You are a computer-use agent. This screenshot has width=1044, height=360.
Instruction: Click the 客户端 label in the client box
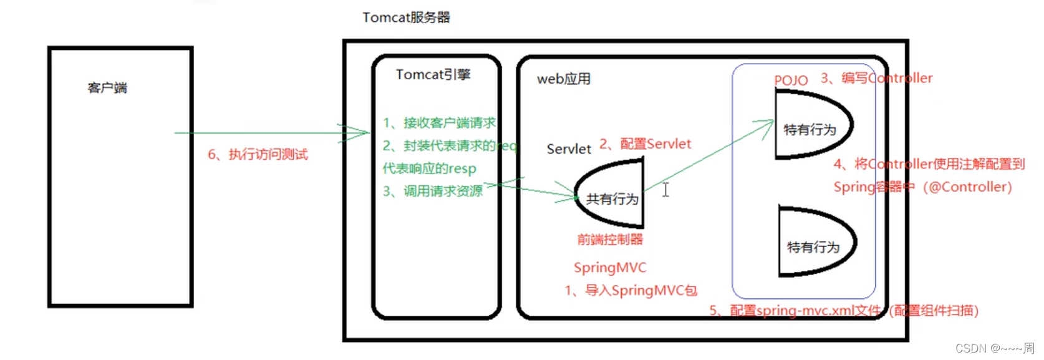coord(107,88)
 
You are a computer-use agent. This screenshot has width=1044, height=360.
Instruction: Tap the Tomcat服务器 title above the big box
coord(406,17)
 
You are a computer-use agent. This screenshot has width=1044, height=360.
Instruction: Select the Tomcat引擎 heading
coord(433,75)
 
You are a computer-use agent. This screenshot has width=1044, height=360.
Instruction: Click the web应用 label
coord(563,79)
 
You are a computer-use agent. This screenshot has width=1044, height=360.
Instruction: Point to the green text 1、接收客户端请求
coord(439,123)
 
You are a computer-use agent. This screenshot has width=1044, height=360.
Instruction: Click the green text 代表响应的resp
coord(429,168)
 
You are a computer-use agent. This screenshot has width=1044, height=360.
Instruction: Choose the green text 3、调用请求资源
coord(433,191)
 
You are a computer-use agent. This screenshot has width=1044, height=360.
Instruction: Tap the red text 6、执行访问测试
coord(258,155)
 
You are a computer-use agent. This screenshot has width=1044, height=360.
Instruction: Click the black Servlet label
coord(568,149)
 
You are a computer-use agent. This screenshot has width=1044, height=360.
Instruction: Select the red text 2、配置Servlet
coord(645,144)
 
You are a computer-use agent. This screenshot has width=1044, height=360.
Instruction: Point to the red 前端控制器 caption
coord(609,239)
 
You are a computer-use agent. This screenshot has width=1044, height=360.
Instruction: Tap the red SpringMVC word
coord(609,268)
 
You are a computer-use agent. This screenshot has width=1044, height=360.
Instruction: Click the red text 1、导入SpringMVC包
coord(631,291)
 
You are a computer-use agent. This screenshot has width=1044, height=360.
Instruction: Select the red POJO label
coord(790,80)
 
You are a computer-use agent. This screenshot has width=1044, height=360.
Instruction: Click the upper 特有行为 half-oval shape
coord(810,125)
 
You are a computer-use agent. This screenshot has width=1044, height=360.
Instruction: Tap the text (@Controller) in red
coord(967,187)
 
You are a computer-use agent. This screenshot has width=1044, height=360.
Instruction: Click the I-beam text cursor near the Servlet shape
coord(665,190)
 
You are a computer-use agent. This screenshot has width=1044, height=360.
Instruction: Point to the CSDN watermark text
coord(994,348)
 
